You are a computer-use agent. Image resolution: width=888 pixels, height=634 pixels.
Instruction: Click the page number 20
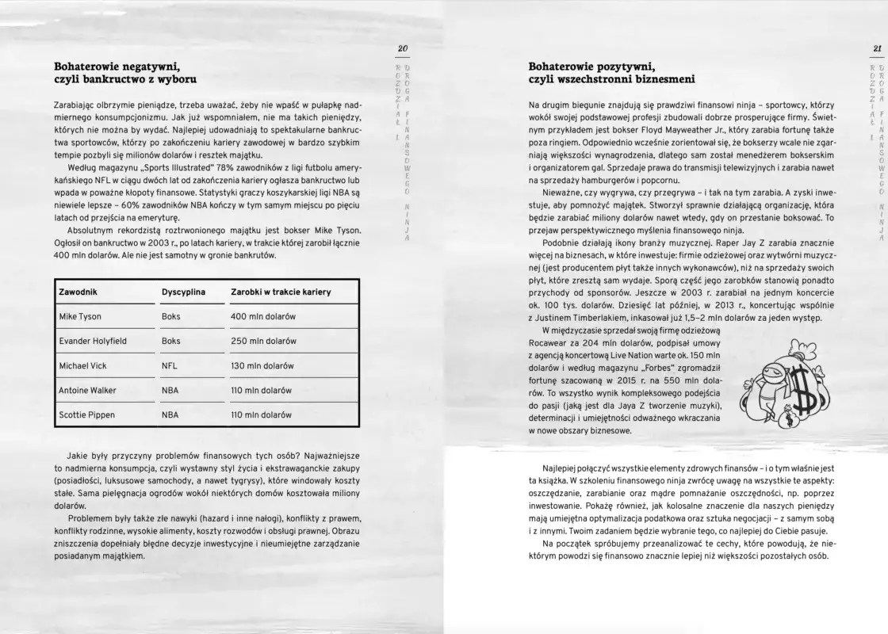pyautogui.click(x=402, y=49)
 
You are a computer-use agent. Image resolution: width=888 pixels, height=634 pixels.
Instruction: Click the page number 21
pyautogui.click(x=877, y=49)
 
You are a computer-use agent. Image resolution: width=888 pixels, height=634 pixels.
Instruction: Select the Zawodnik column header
pyautogui.click(x=78, y=292)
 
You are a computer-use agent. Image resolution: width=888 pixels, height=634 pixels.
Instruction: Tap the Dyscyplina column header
pyautogui.click(x=183, y=292)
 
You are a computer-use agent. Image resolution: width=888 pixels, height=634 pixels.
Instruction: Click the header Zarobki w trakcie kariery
pyautogui.click(x=281, y=292)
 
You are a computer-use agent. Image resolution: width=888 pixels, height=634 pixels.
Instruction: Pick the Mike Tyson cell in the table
pyautogui.click(x=80, y=316)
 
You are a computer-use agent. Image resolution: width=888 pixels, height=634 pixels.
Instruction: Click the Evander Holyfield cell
pyautogui.click(x=93, y=341)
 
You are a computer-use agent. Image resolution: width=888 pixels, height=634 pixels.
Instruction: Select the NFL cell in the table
pyautogui.click(x=169, y=365)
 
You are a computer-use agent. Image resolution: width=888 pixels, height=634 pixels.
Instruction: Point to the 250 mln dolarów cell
pyautogui.click(x=263, y=341)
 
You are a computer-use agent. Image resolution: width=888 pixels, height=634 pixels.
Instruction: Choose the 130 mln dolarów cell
pyautogui.click(x=262, y=365)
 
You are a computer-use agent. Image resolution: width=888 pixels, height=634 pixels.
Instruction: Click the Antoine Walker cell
pyautogui.click(x=87, y=390)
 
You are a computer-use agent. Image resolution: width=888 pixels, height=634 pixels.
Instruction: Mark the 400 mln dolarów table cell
pyautogui.click(x=263, y=316)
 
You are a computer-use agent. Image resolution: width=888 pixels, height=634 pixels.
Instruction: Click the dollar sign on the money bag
pyautogui.click(x=806, y=391)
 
